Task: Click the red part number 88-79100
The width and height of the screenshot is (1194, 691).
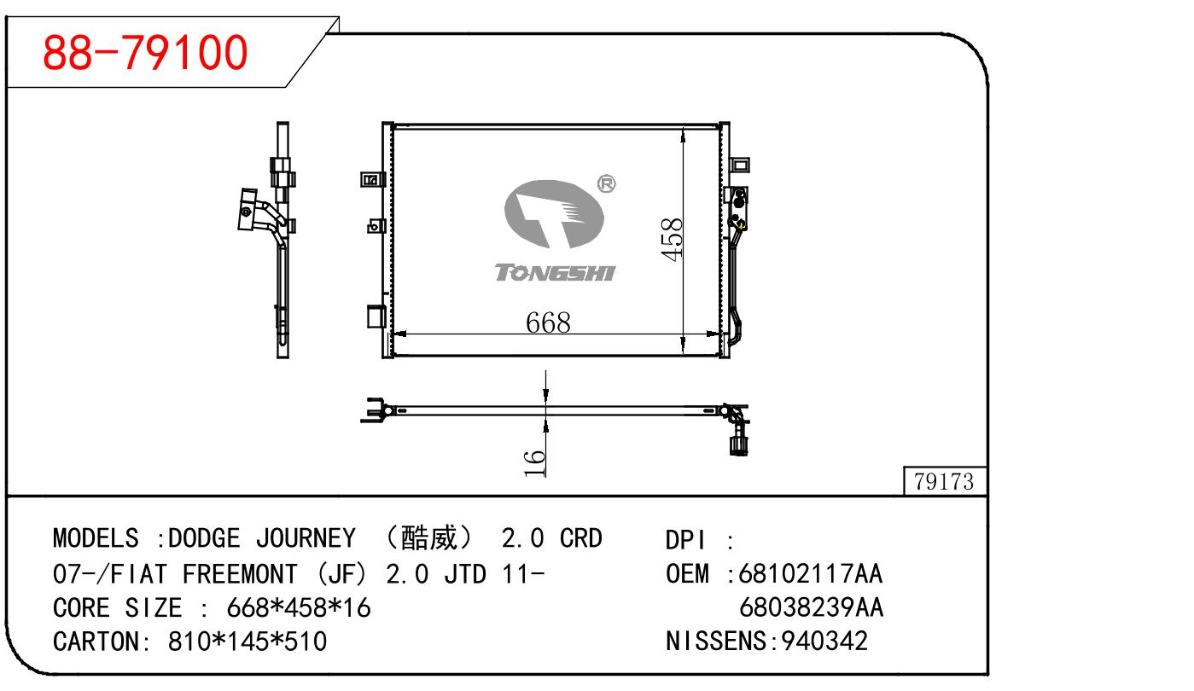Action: click(145, 53)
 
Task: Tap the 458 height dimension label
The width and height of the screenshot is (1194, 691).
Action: click(672, 239)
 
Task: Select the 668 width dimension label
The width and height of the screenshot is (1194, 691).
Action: click(548, 322)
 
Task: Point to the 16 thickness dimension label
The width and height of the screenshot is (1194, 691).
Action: click(534, 463)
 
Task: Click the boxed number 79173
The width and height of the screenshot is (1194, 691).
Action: click(943, 482)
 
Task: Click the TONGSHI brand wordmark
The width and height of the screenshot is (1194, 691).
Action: click(555, 273)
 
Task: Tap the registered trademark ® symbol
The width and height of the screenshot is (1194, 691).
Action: click(606, 183)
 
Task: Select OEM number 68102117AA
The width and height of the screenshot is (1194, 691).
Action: click(810, 574)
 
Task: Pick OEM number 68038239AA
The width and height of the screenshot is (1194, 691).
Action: click(811, 607)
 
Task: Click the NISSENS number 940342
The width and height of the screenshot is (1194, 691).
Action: click(824, 641)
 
